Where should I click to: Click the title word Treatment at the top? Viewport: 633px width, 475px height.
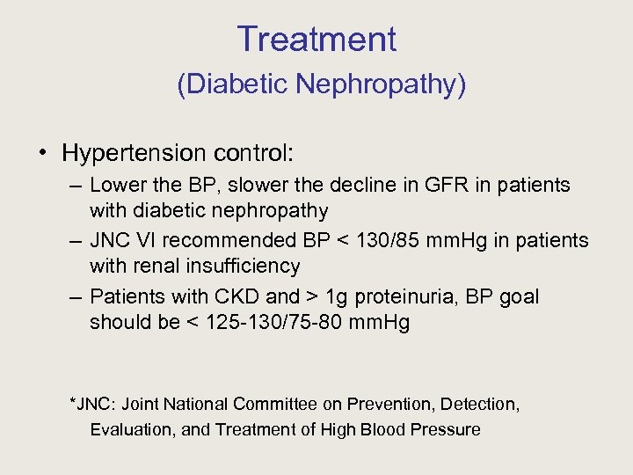316,40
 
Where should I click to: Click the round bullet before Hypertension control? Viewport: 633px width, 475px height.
43,153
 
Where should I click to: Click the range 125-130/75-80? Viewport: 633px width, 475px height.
279,322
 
